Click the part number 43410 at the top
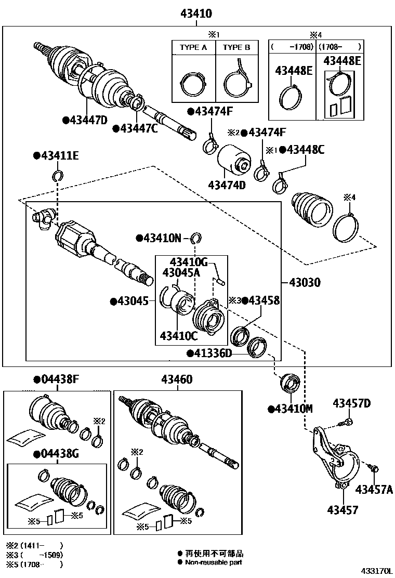196,14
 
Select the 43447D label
87,121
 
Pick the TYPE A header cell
193,48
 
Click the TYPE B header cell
236,48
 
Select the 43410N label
162,238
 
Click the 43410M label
293,409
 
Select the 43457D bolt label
352,403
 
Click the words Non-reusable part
214,562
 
